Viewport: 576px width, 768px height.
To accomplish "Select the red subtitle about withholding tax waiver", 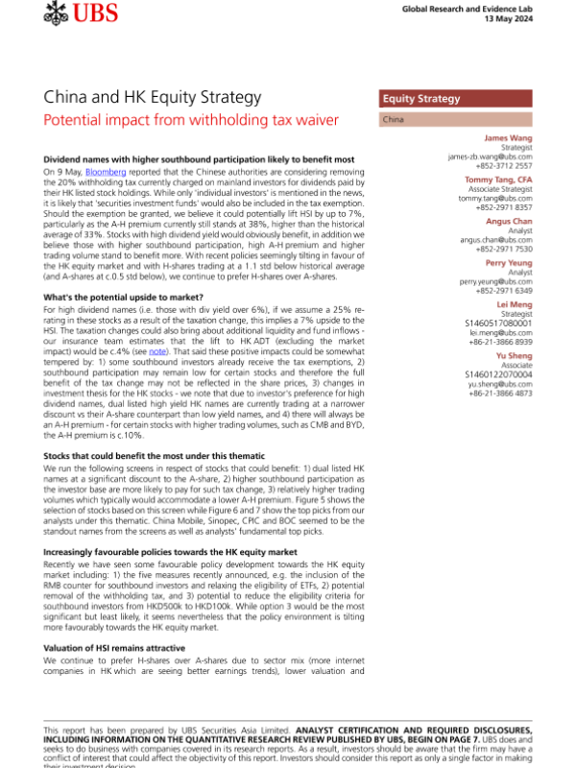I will (x=191, y=120).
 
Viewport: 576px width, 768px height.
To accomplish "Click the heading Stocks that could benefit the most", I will (x=155, y=455).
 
